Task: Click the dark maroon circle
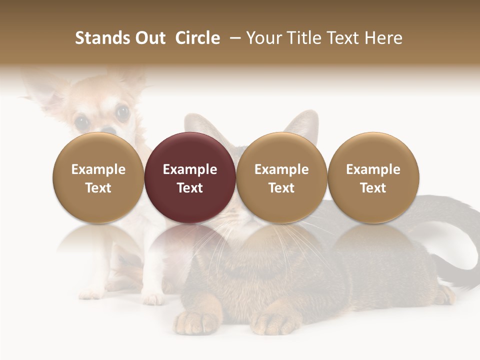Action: (x=190, y=177)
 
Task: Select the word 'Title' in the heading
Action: (x=305, y=38)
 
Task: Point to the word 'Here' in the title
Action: (x=383, y=38)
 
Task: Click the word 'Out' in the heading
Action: (x=148, y=38)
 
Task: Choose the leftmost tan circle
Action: (x=98, y=177)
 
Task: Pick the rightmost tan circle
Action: (x=373, y=177)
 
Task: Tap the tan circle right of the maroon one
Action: (x=281, y=177)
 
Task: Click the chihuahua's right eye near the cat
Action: (x=122, y=112)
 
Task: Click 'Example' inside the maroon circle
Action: (x=190, y=169)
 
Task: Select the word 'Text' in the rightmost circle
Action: (x=373, y=188)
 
